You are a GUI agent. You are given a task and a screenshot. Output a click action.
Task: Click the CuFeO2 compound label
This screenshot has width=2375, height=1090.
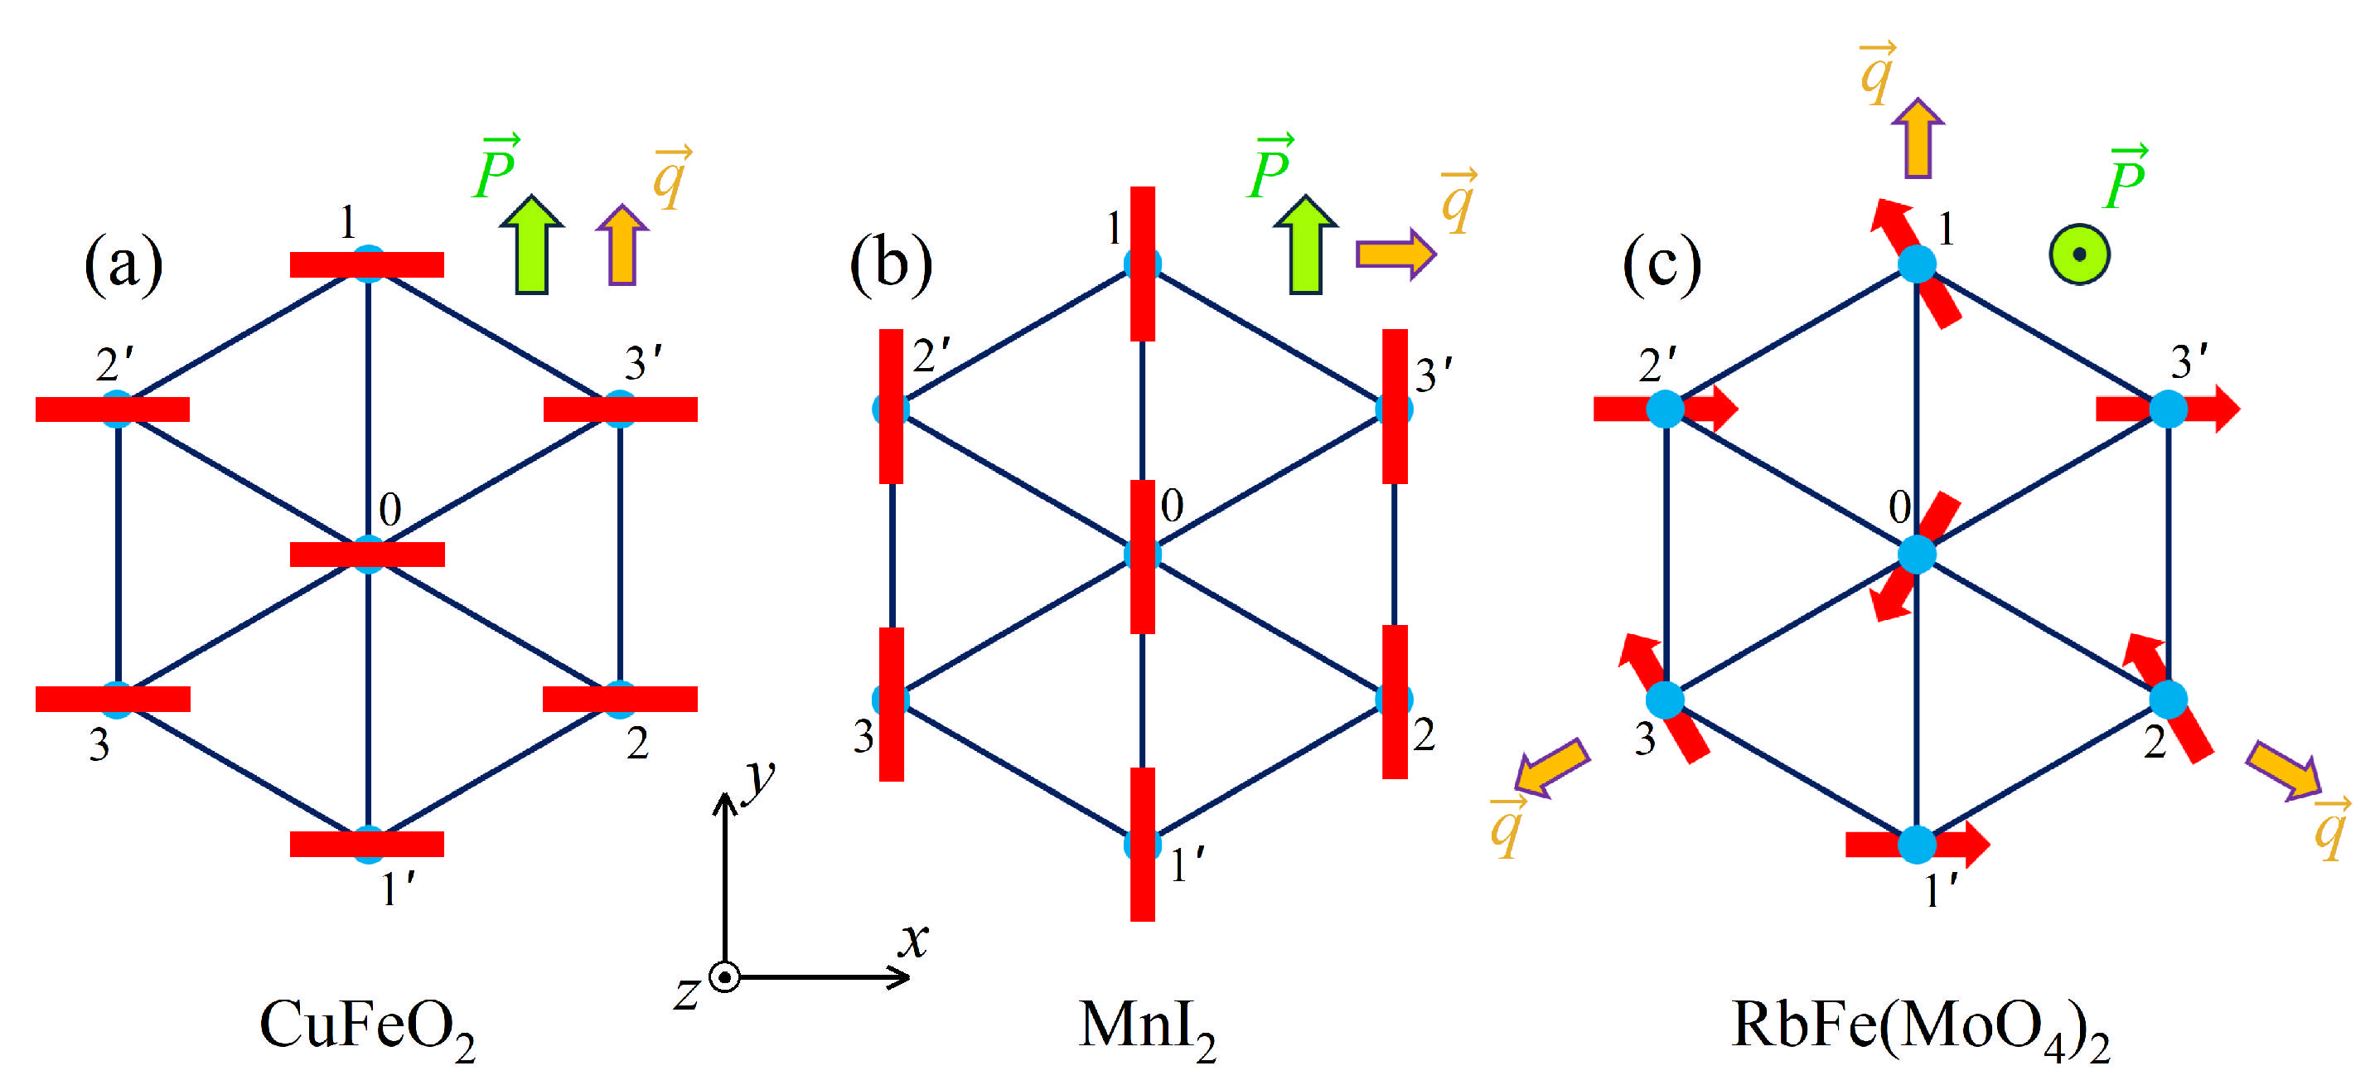366,1025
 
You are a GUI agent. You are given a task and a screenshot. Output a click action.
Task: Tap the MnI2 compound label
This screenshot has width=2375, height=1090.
1146,1025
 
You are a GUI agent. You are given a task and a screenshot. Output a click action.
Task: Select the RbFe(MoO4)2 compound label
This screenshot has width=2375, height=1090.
1919,1025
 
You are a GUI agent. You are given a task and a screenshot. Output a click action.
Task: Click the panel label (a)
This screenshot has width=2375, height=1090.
123,264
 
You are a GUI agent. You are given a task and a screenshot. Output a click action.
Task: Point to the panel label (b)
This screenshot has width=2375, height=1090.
890,264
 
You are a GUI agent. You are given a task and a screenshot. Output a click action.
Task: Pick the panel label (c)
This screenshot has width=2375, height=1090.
1662,264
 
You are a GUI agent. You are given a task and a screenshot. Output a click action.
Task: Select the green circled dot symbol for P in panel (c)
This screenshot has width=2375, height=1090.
2079,254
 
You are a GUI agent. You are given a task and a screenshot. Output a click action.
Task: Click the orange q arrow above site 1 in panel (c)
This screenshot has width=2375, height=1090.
1918,138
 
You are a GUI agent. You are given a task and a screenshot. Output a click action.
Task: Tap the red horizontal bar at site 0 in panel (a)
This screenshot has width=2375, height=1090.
367,555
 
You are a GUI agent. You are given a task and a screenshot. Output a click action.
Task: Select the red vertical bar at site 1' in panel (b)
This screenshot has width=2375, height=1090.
1142,844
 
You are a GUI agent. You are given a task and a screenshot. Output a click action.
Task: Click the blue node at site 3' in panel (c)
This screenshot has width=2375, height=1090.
2169,409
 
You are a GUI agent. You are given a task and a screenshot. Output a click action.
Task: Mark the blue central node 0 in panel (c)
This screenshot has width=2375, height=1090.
1917,555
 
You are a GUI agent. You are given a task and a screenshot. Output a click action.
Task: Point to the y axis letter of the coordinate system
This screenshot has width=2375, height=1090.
761,777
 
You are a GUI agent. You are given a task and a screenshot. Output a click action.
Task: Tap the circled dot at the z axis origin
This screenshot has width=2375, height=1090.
726,976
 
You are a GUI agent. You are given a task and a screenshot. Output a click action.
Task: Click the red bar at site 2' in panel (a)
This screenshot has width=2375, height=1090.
113,409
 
